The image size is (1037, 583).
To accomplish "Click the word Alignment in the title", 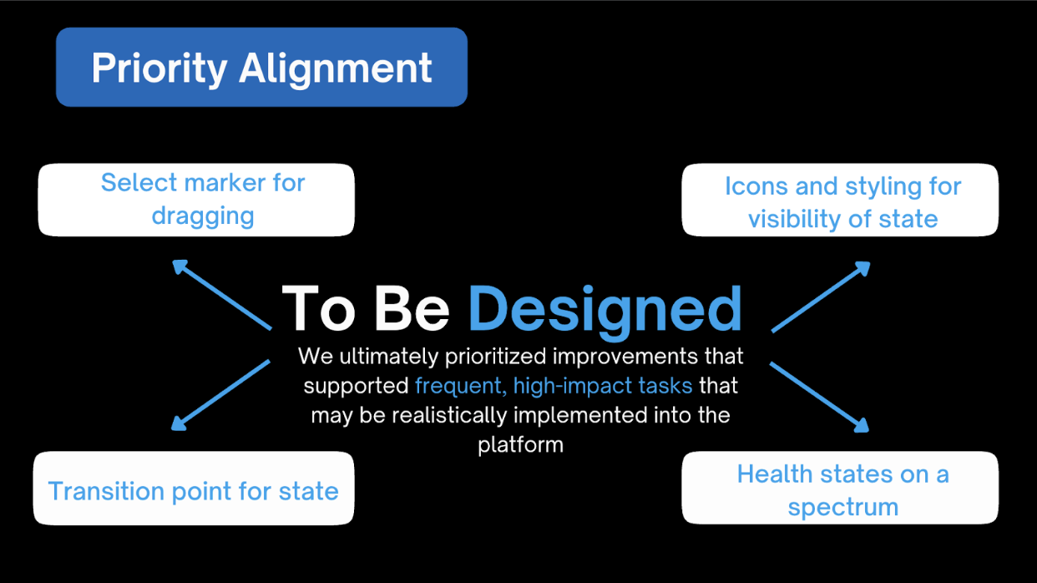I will (336, 68).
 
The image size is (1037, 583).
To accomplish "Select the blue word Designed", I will (604, 309).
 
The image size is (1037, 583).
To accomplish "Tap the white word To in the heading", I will (320, 309).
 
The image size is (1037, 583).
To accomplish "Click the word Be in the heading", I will (412, 309).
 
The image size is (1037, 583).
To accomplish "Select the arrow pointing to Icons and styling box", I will (821, 297).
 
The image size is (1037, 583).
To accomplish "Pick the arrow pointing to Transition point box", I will (220, 395).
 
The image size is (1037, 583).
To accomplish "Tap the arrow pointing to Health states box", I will (819, 397).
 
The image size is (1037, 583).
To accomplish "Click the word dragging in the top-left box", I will (203, 215).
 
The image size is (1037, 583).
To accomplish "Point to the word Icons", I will (756, 186).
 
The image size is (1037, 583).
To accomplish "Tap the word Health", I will (773, 474).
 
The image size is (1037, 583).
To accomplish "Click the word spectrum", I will (842, 507).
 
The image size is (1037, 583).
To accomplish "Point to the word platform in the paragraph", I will (520, 444).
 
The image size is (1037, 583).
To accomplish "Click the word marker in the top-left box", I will (225, 182).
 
